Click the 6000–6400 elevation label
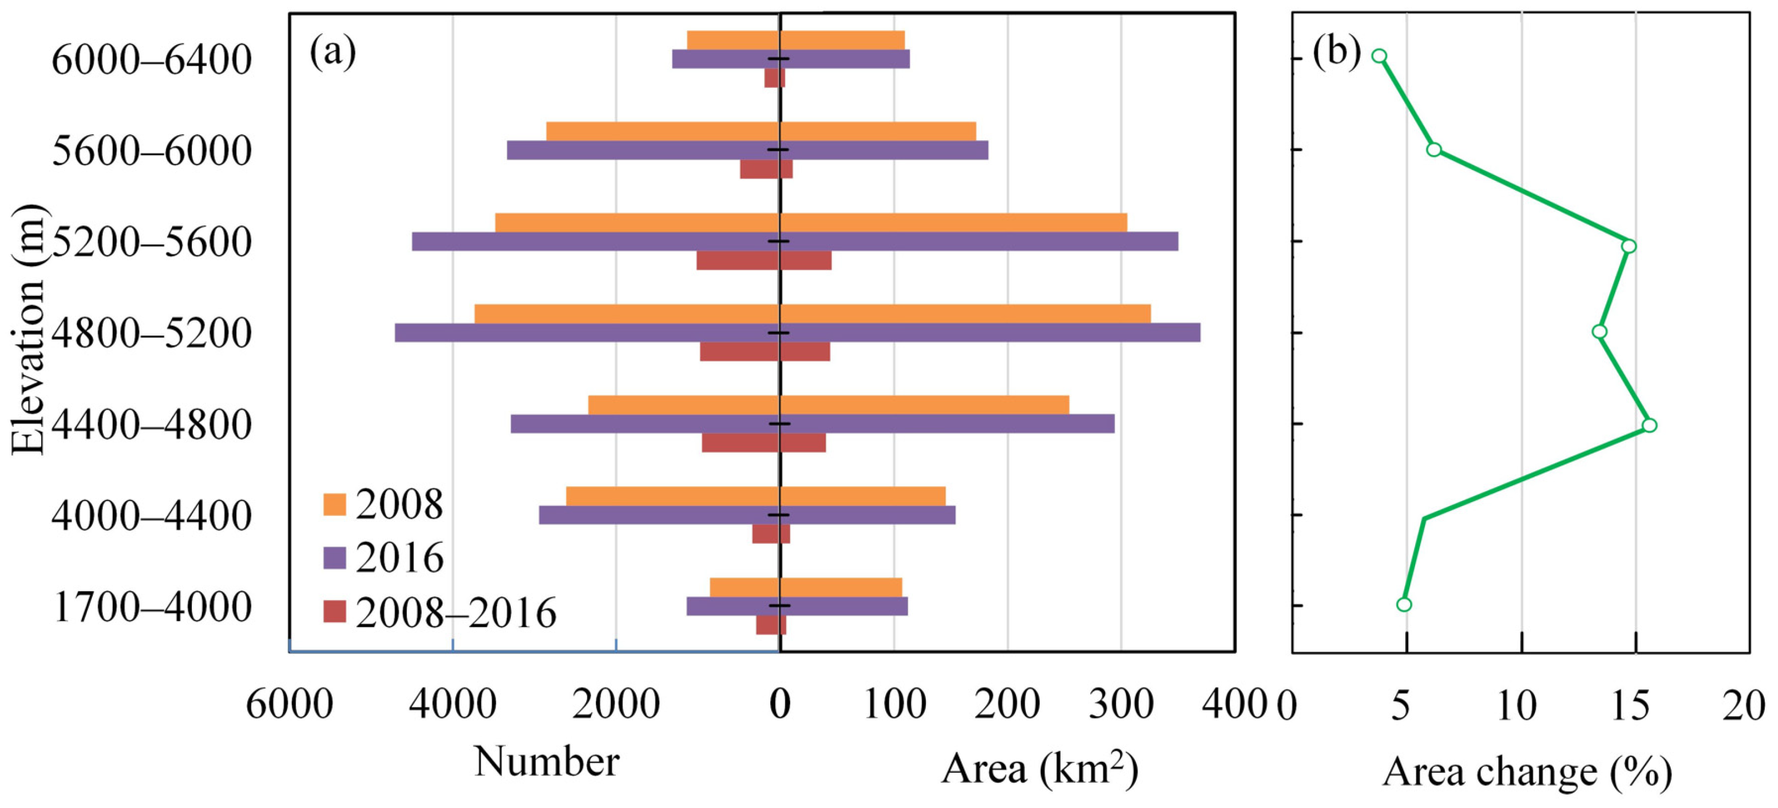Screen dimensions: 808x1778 (151, 60)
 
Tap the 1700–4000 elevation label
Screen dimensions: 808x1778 (152, 608)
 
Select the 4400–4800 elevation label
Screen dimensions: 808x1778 (151, 425)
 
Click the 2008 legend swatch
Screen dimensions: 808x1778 (334, 505)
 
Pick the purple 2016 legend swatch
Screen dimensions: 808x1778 (334, 558)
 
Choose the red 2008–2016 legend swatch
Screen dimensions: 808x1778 (334, 612)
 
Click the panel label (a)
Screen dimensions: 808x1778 (333, 52)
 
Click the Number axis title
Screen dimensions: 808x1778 (546, 762)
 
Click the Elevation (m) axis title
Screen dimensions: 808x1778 (29, 330)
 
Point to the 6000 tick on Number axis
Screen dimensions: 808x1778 (289, 705)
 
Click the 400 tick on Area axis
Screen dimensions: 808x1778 (1234, 705)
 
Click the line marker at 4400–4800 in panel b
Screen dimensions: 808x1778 (1649, 425)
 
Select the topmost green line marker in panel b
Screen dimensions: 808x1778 (1379, 57)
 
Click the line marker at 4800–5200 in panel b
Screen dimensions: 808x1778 (1599, 332)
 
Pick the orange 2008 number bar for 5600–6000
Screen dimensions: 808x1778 (662, 132)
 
